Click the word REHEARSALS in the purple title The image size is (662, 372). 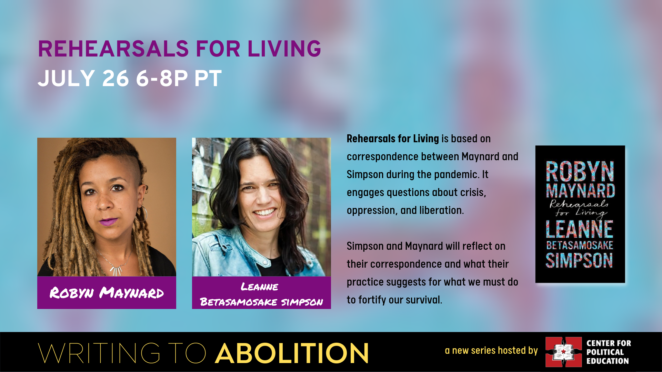click(113, 49)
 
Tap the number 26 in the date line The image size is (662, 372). click(116, 79)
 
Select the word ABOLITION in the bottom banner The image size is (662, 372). click(292, 353)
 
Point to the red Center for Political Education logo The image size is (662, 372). click(563, 352)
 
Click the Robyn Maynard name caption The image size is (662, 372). click(107, 293)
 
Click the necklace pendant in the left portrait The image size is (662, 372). click(116, 270)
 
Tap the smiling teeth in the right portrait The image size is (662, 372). click(265, 212)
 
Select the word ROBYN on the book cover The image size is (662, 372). click(580, 172)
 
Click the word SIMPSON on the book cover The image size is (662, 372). click(579, 260)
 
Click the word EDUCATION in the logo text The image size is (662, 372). click(608, 361)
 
